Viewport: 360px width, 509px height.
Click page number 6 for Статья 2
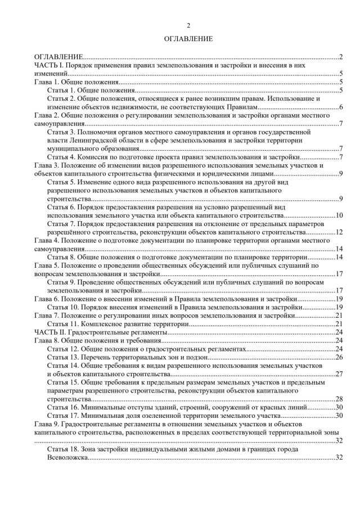pos(341,107)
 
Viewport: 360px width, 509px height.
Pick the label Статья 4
pos(62,156)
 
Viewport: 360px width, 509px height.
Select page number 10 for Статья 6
pos(339,215)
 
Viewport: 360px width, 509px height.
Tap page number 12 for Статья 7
pos(339,232)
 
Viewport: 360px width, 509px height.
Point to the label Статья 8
pos(62,257)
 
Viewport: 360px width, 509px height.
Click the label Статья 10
pos(64,307)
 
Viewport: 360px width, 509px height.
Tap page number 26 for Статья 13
pos(339,357)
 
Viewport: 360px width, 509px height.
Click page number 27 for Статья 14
pos(339,373)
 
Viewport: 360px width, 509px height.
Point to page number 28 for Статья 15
pos(339,399)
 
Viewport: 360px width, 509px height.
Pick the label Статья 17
pos(64,415)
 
